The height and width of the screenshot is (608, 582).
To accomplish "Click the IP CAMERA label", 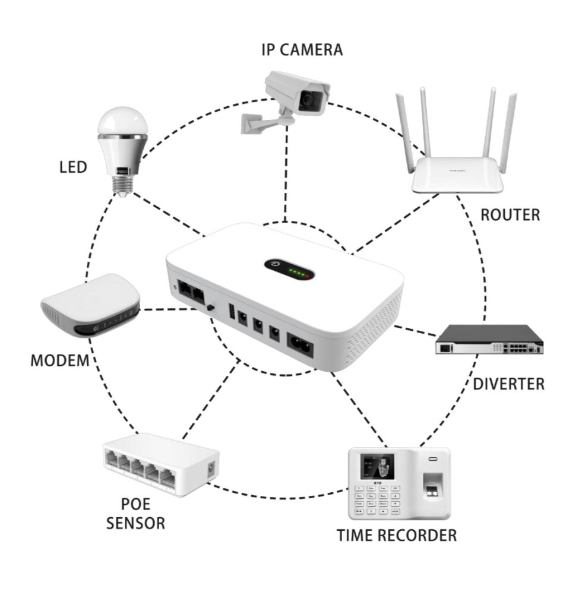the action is click(x=302, y=50).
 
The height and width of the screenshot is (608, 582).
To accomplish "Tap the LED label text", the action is click(x=73, y=167).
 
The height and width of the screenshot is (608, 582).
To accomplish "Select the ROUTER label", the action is click(x=510, y=215).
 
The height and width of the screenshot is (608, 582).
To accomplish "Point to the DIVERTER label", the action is click(x=509, y=384).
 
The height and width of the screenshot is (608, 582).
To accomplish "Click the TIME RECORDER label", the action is click(x=397, y=536).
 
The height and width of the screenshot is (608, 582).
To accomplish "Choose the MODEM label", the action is click(x=60, y=360).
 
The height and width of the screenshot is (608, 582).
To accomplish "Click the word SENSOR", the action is click(x=136, y=523).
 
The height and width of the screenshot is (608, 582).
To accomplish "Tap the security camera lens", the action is click(x=309, y=100).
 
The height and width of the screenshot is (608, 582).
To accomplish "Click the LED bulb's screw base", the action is click(x=122, y=186).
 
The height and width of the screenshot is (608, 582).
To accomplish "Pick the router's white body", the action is click(x=457, y=175).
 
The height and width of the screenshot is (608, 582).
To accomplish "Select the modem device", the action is click(x=91, y=305).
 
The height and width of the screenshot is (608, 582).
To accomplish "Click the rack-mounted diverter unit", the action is click(x=489, y=339).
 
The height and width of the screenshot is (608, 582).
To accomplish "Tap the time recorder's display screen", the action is click(x=377, y=467).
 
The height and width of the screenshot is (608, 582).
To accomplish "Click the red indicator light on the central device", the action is click(x=308, y=276).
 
